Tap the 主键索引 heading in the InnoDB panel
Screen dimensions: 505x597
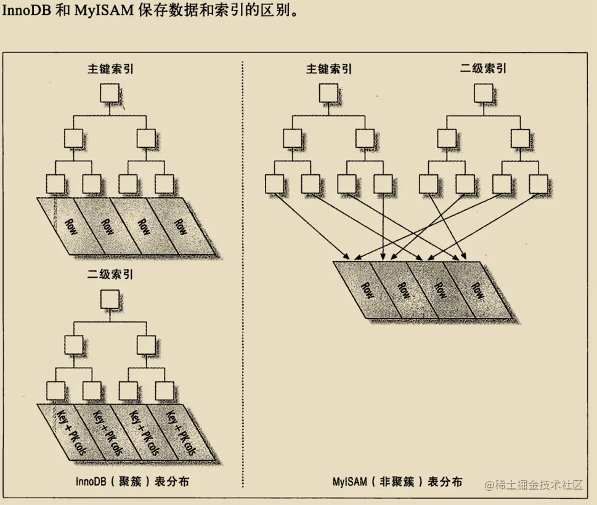pos(110,68)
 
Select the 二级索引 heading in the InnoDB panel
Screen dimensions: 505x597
pos(110,274)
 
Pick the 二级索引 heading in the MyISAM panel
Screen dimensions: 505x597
pos(484,68)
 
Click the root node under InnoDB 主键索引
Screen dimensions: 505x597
pos(110,93)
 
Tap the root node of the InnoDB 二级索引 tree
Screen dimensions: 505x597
pos(110,299)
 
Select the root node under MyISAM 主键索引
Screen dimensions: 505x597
pos(328,93)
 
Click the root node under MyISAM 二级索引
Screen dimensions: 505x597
pos(484,93)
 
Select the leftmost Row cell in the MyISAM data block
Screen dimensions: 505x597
pos(366,290)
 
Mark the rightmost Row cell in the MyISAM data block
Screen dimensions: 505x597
pos(477,290)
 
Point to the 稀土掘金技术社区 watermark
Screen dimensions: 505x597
pos(534,485)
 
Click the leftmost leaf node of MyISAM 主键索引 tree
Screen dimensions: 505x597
pos(275,183)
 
